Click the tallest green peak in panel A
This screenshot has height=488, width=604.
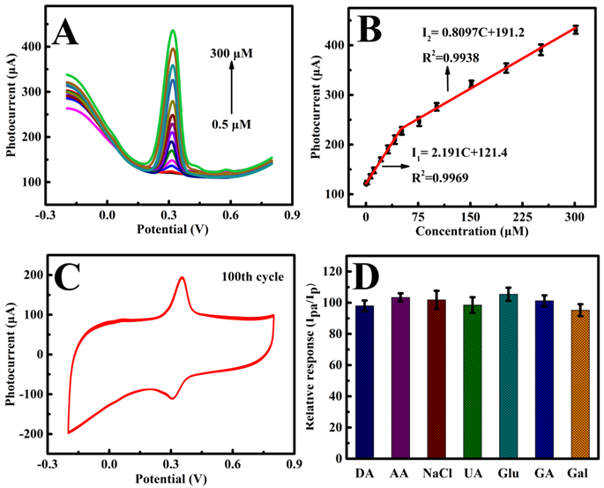(x=173, y=32)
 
